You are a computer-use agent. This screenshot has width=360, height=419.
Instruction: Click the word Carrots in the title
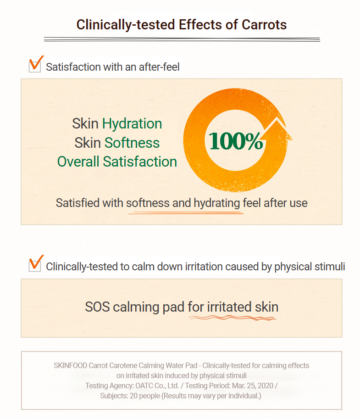pos(264,25)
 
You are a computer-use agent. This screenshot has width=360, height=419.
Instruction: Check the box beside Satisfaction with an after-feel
pos(35,66)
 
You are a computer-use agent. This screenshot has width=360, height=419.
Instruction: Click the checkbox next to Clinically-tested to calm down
pos(35,265)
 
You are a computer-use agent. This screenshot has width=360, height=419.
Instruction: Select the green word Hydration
pos(132,124)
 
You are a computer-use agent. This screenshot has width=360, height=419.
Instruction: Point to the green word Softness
pos(132,143)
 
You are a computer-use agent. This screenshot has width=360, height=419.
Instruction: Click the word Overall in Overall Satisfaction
pos(78,162)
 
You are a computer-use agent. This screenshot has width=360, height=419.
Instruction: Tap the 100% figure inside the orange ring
pos(236,141)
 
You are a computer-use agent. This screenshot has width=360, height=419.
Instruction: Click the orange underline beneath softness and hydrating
pos(186,213)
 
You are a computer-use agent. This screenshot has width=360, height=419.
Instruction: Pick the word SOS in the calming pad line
pos(97,307)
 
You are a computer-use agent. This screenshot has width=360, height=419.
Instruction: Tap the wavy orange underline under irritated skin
pos(232,318)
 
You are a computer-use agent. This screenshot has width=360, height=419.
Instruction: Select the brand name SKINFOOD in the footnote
pos(70,365)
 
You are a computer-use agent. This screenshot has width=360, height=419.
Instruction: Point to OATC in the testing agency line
pos(144,385)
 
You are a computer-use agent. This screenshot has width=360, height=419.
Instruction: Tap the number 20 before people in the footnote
pos(133,396)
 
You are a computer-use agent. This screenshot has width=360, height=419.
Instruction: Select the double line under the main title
pos(182,39)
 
